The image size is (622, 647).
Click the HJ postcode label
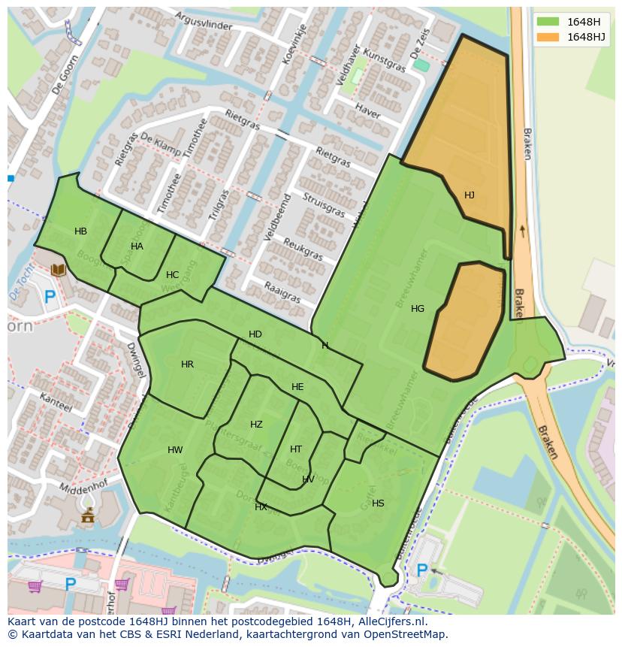click(x=469, y=195)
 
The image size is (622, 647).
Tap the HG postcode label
click(x=418, y=309)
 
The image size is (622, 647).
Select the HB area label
click(x=80, y=231)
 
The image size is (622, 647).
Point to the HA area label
click(x=137, y=246)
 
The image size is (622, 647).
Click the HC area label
click(x=172, y=275)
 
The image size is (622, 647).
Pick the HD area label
click(x=255, y=334)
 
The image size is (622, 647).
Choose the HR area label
click(x=187, y=364)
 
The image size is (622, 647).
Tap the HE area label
click(x=297, y=387)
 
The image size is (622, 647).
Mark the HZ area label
click(x=256, y=425)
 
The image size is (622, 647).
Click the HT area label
click(x=296, y=449)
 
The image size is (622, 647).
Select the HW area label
click(x=175, y=450)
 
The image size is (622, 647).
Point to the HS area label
click(x=378, y=503)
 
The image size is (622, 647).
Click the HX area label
click(x=261, y=507)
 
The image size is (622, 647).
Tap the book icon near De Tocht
click(x=58, y=270)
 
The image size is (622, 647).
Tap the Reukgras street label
click(x=303, y=250)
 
